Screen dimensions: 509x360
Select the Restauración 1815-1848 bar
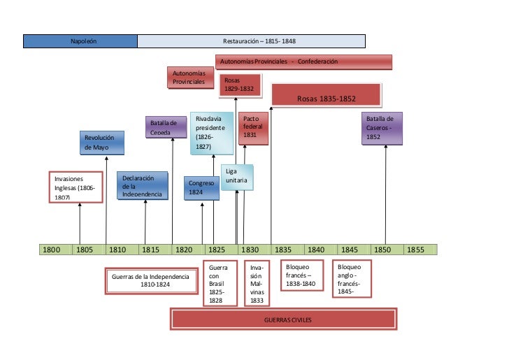(x=252, y=41)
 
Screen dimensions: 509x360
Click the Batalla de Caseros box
(x=382, y=128)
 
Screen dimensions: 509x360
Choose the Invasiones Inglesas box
(x=74, y=187)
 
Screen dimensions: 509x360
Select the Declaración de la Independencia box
(x=142, y=186)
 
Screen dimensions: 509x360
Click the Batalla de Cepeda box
(x=166, y=127)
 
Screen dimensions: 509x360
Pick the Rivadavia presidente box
(x=213, y=132)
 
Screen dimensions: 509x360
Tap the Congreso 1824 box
(x=202, y=187)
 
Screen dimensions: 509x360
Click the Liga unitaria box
(x=236, y=178)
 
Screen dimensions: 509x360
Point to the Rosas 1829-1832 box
(x=240, y=85)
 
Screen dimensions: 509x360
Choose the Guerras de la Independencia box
(x=150, y=280)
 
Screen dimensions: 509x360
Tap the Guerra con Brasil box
(x=217, y=284)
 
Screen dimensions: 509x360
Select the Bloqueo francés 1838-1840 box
(x=301, y=275)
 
